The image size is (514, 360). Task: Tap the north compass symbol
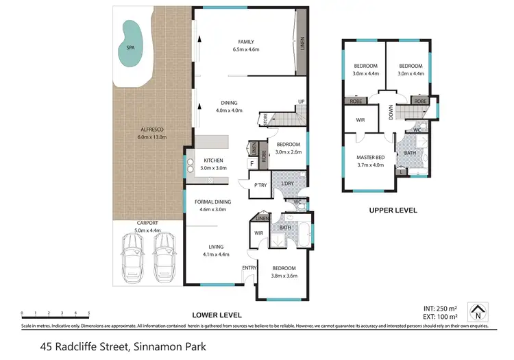[478, 313]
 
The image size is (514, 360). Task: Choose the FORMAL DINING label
[212, 202]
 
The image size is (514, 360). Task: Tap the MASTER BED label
[371, 158]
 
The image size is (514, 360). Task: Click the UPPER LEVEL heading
[393, 211]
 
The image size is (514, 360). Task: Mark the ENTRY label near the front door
[248, 267]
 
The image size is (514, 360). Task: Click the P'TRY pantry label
[260, 185]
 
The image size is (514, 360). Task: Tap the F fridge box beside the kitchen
[252, 164]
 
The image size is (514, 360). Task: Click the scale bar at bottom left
[51, 313]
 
